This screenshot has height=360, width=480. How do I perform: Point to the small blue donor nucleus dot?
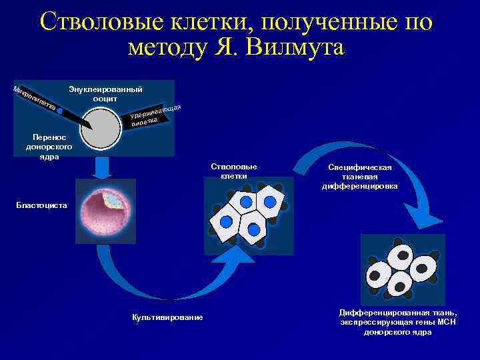[x=60, y=111]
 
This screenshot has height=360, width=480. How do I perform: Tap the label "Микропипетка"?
[x=33, y=99]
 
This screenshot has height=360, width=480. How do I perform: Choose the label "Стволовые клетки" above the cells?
[x=233, y=171]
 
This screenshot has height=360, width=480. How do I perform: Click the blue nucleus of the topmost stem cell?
[x=246, y=201]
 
